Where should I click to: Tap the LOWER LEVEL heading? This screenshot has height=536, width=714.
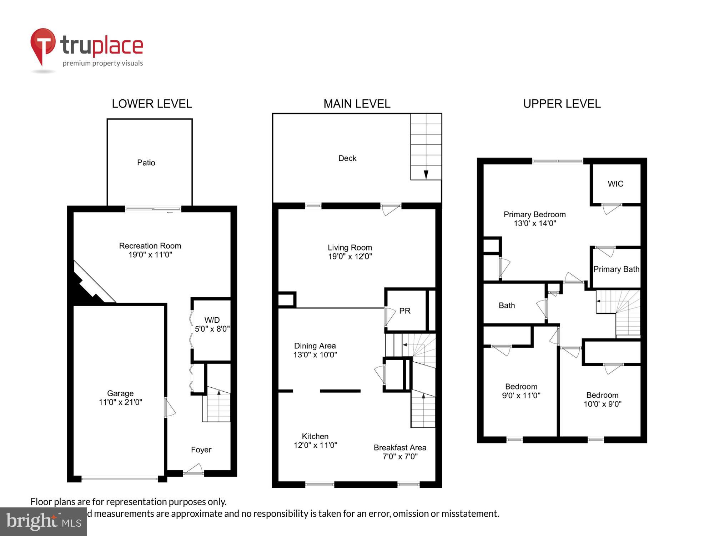coord(152,104)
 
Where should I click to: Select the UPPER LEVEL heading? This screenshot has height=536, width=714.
coord(562,104)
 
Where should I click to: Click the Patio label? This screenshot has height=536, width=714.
coord(146,163)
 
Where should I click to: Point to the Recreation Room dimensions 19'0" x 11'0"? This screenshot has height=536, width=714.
coord(150,255)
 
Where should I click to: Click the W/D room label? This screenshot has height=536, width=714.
coord(212,320)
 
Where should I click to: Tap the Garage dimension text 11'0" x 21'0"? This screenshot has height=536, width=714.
coord(120,402)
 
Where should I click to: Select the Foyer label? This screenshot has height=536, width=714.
coord(201,450)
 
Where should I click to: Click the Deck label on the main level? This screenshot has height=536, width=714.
coord(347,158)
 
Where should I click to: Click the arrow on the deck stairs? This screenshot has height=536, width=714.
coord(426,174)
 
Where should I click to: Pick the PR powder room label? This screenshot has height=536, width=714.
coord(404,311)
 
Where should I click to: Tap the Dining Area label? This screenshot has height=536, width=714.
coord(315,346)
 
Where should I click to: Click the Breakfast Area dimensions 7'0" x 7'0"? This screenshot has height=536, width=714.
coord(400,457)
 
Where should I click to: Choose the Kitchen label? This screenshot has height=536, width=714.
coord(315,436)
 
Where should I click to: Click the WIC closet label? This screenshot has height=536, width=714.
coord(615,184)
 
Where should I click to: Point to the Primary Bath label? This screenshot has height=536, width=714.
coord(616,269)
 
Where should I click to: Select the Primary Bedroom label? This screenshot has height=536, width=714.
coord(534,214)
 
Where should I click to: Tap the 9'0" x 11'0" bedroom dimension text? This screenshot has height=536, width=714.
coord(521,396)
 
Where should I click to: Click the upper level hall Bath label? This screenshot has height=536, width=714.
coord(507,306)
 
